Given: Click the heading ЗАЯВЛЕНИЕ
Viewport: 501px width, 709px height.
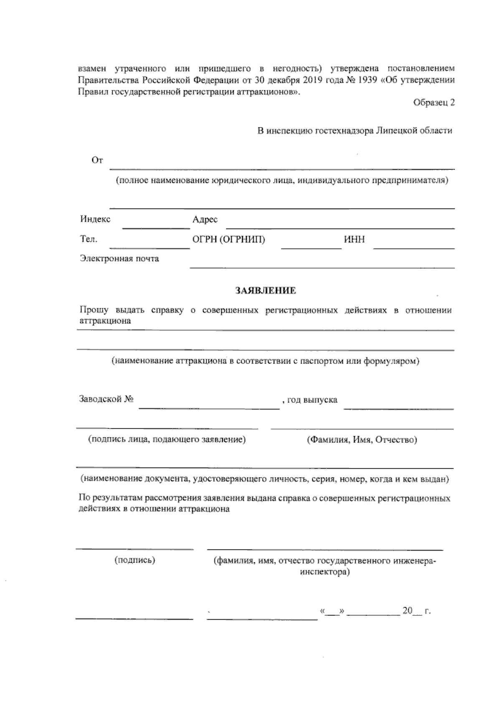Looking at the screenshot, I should (266, 291).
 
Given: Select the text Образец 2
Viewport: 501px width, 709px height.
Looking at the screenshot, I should (434, 103).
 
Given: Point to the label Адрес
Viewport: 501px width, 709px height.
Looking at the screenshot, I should (205, 220).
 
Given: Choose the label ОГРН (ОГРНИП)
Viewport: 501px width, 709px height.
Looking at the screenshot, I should (229, 240).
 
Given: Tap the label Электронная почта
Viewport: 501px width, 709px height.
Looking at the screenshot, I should (119, 259).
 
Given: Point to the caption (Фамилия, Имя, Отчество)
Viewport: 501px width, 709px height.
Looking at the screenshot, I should (362, 440).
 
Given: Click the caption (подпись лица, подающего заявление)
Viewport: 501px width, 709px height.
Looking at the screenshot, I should (167, 440).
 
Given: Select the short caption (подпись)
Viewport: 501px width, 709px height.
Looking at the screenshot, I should (135, 561).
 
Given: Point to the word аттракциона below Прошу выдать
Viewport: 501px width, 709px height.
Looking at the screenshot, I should (105, 321).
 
